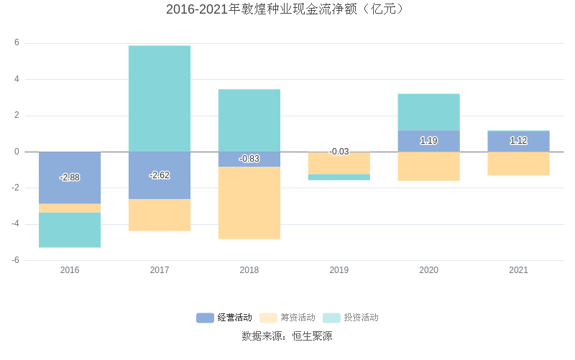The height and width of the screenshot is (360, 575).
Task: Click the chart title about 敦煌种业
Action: (287, 9)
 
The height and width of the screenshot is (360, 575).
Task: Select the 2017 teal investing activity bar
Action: (160, 98)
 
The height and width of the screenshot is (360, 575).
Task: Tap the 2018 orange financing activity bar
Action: (249, 203)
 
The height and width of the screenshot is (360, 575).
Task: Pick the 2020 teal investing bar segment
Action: (428, 112)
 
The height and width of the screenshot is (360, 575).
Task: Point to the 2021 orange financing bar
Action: (518, 164)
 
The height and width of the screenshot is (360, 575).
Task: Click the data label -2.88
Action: (70, 177)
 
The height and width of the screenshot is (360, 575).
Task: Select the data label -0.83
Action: (249, 159)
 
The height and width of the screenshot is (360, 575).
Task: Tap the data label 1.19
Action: (428, 141)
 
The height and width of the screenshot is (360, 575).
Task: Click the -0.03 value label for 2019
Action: (339, 152)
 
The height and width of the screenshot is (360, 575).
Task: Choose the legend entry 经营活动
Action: (224, 318)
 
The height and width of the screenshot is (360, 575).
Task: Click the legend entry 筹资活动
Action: (287, 318)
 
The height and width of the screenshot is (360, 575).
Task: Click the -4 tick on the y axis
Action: (15, 224)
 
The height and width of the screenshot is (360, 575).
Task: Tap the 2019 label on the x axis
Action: (339, 270)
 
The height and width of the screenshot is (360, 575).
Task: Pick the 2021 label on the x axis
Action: (518, 270)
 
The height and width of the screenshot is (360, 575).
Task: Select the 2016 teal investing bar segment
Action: (70, 230)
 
